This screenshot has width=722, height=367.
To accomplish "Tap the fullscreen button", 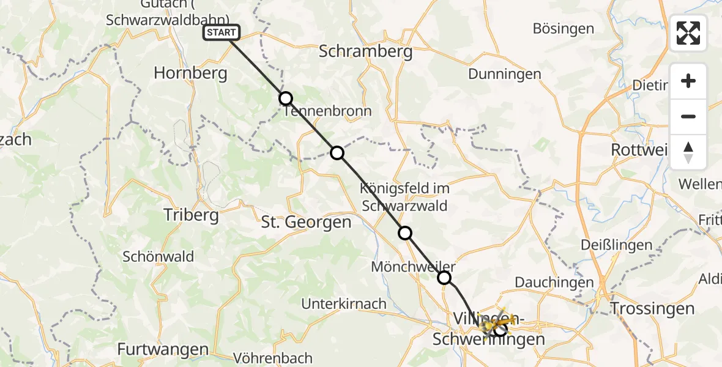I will pyautogui.click(x=688, y=33).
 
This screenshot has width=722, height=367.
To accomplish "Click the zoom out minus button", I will pyautogui.click(x=688, y=117).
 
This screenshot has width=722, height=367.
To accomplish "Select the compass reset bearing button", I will pyautogui.click(x=688, y=152).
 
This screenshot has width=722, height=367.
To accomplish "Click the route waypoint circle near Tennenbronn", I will pyautogui.click(x=286, y=98).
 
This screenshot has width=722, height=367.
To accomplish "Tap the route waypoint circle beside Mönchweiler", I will pyautogui.click(x=444, y=278).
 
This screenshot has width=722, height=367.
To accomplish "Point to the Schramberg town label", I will pyautogui.click(x=366, y=52).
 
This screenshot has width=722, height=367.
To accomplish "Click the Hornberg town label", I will pyautogui.click(x=190, y=73).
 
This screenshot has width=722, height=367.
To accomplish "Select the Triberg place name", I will pyautogui.click(x=191, y=215).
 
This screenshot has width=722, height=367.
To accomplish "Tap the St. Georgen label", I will pyautogui.click(x=306, y=223).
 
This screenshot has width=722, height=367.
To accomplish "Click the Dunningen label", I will pyautogui.click(x=505, y=74).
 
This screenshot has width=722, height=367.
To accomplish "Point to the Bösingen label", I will pyautogui.click(x=564, y=29).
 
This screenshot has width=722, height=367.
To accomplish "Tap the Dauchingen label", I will pyautogui.click(x=554, y=282).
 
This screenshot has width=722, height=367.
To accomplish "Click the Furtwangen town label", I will pyautogui.click(x=163, y=349).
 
